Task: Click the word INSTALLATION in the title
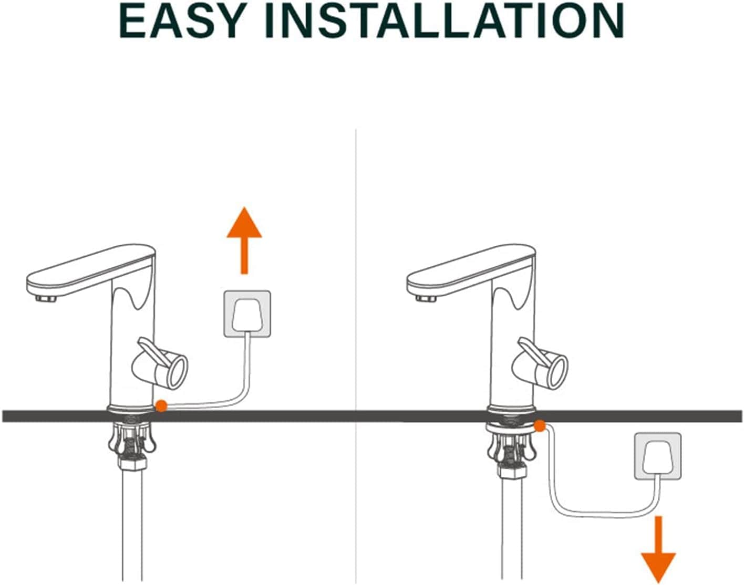[x=445, y=22]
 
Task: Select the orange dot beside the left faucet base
[x=161, y=405]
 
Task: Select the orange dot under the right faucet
[x=540, y=426]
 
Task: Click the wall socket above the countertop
[x=247, y=314]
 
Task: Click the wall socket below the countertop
[x=658, y=456]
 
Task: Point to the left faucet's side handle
[x=160, y=362]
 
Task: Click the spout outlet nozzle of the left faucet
[x=46, y=298]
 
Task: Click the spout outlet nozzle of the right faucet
[x=426, y=298]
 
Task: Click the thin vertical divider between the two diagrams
[x=356, y=357]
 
